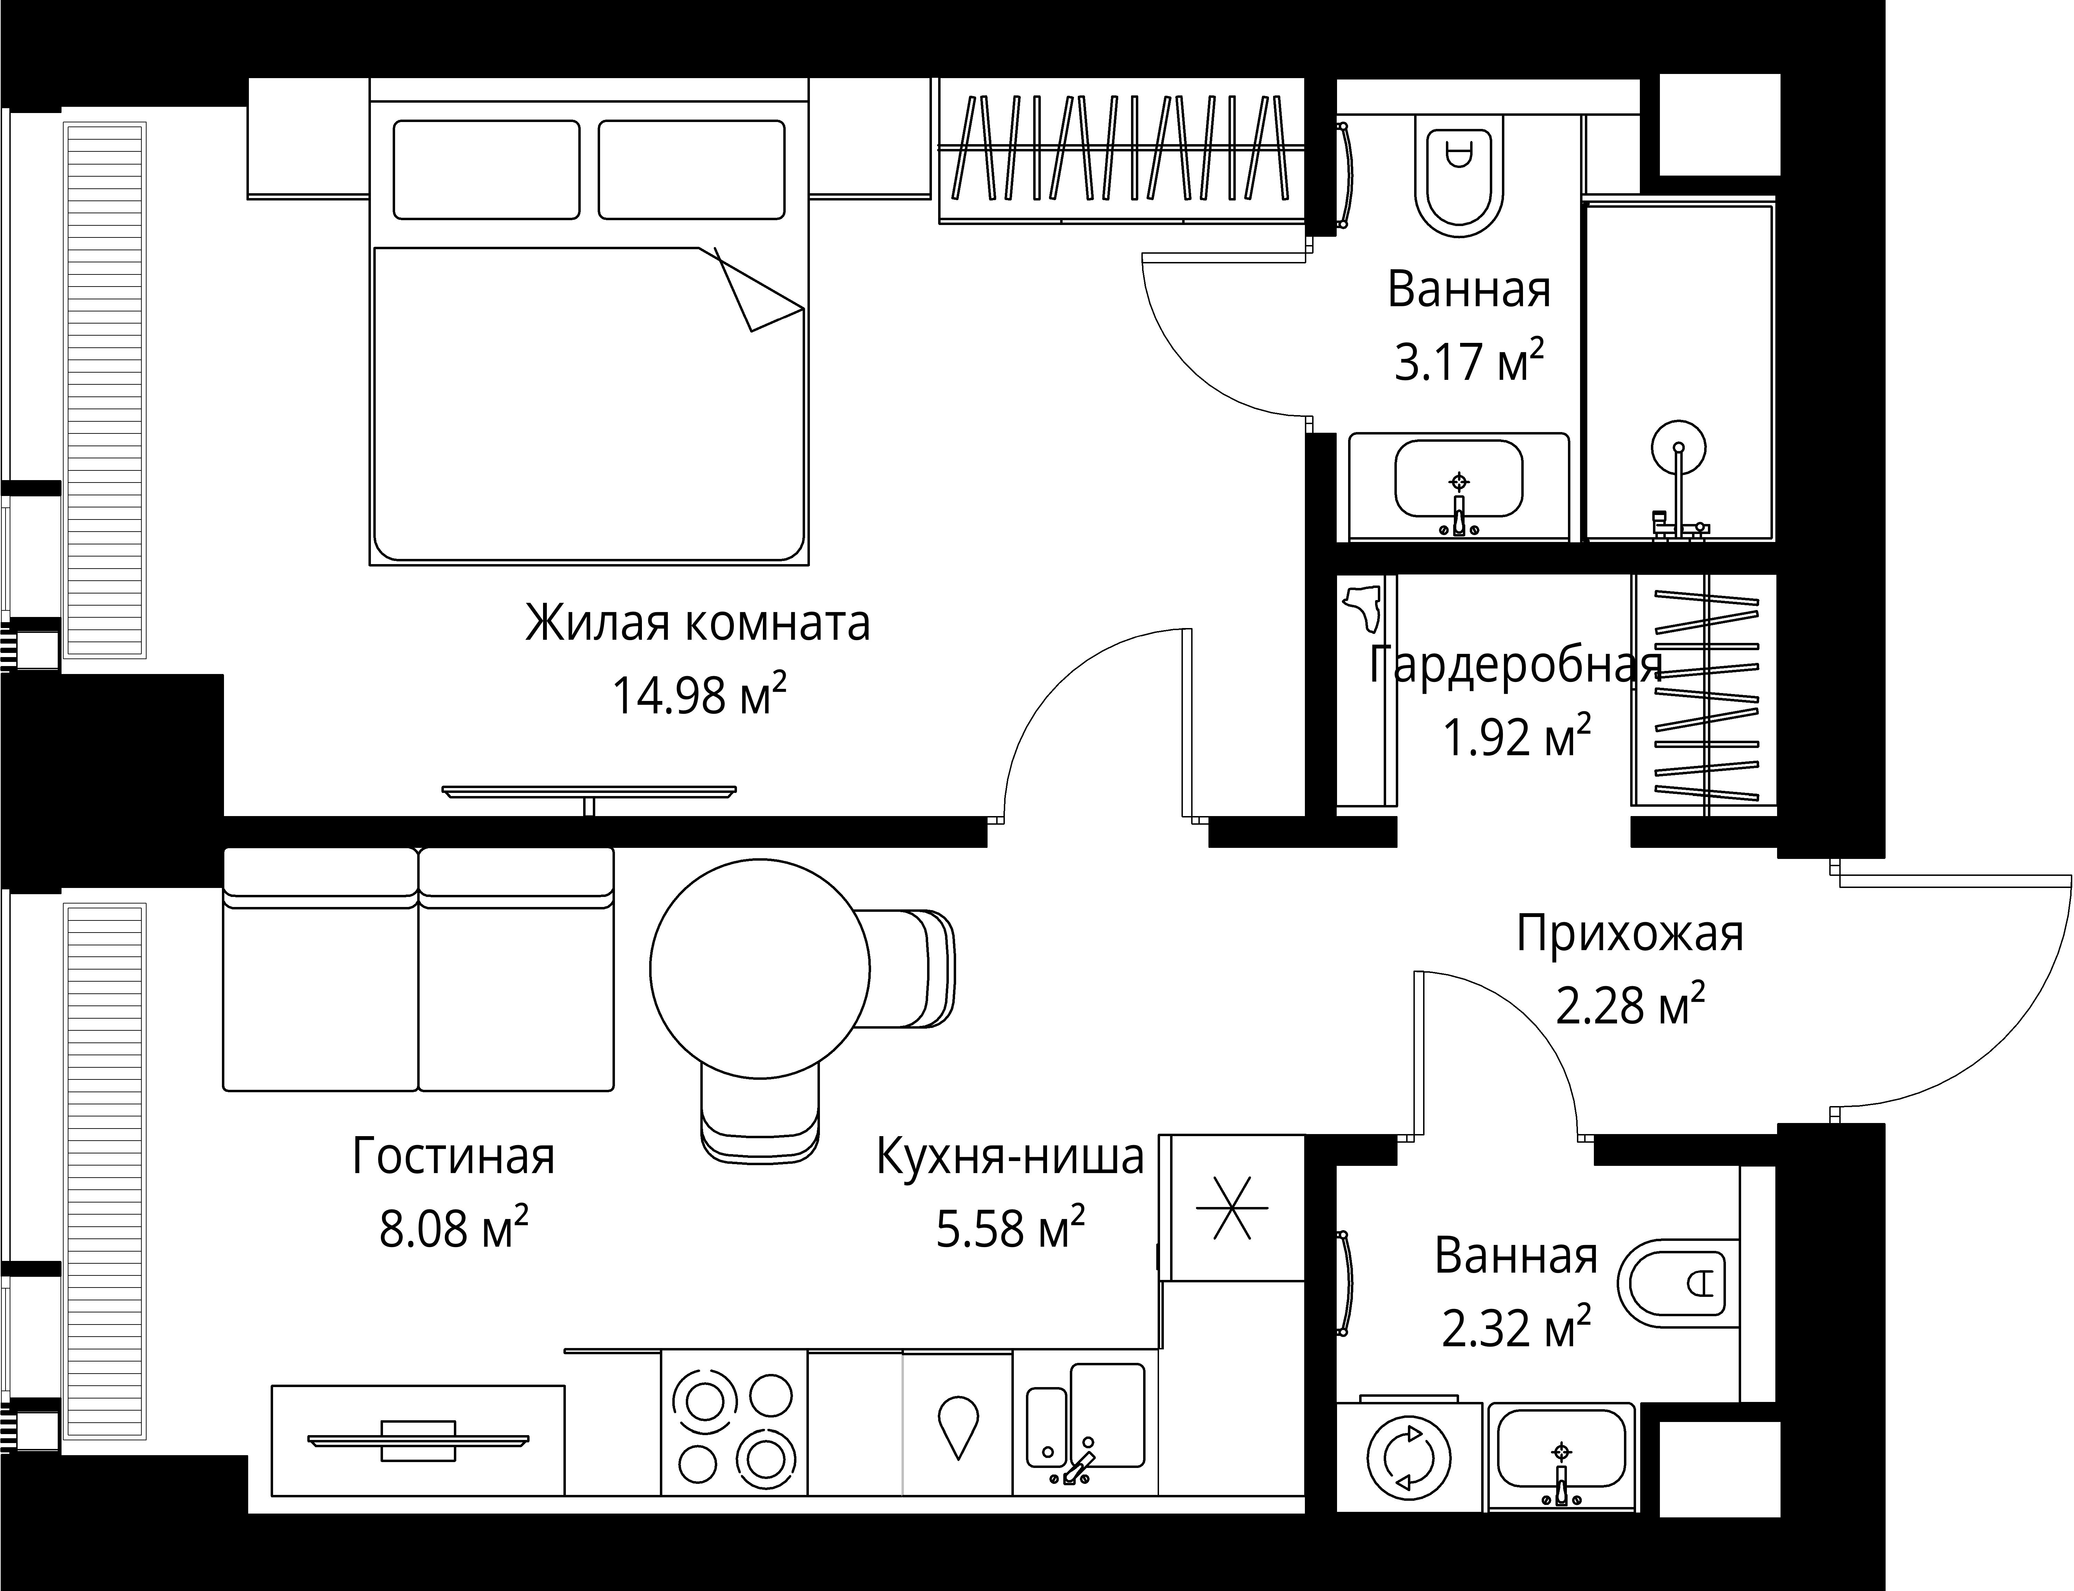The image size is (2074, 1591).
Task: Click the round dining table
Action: coord(759,968)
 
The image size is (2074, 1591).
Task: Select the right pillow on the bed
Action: coord(691,169)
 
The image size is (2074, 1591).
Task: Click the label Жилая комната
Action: coord(698,623)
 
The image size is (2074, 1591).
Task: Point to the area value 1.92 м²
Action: coord(1516,737)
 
